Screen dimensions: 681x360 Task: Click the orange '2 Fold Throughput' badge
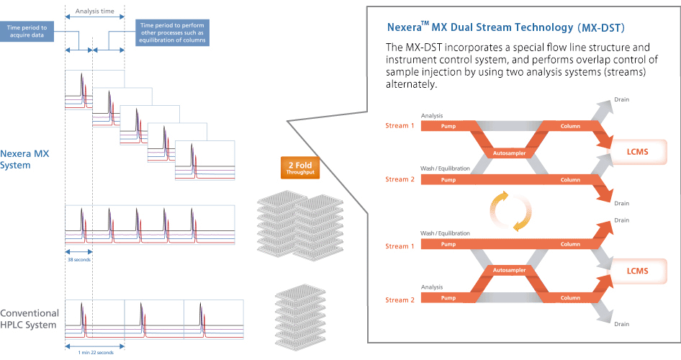click(x=300, y=168)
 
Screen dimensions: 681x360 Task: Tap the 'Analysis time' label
click(x=95, y=11)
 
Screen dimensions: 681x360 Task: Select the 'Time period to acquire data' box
click(x=27, y=31)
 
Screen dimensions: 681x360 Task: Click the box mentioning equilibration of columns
click(x=172, y=32)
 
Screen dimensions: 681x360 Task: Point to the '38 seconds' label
click(x=79, y=260)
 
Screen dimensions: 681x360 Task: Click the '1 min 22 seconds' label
click(x=96, y=353)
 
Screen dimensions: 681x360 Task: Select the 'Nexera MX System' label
click(x=24, y=159)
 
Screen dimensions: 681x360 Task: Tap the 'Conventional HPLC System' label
click(x=29, y=319)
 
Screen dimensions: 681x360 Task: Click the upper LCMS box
click(x=637, y=152)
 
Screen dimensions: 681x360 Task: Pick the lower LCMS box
click(x=637, y=271)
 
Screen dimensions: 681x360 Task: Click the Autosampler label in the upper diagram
click(x=509, y=153)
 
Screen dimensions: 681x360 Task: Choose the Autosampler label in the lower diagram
click(x=509, y=270)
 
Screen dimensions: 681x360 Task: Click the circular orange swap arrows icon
click(x=511, y=211)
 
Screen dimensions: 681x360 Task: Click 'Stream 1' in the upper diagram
click(x=400, y=126)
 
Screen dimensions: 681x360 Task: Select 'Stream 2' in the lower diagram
click(x=400, y=300)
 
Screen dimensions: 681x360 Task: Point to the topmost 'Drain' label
click(x=621, y=99)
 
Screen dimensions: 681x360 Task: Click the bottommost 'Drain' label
click(x=621, y=324)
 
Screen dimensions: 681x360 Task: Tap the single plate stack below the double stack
click(x=300, y=318)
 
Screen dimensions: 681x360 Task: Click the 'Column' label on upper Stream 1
click(x=570, y=127)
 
